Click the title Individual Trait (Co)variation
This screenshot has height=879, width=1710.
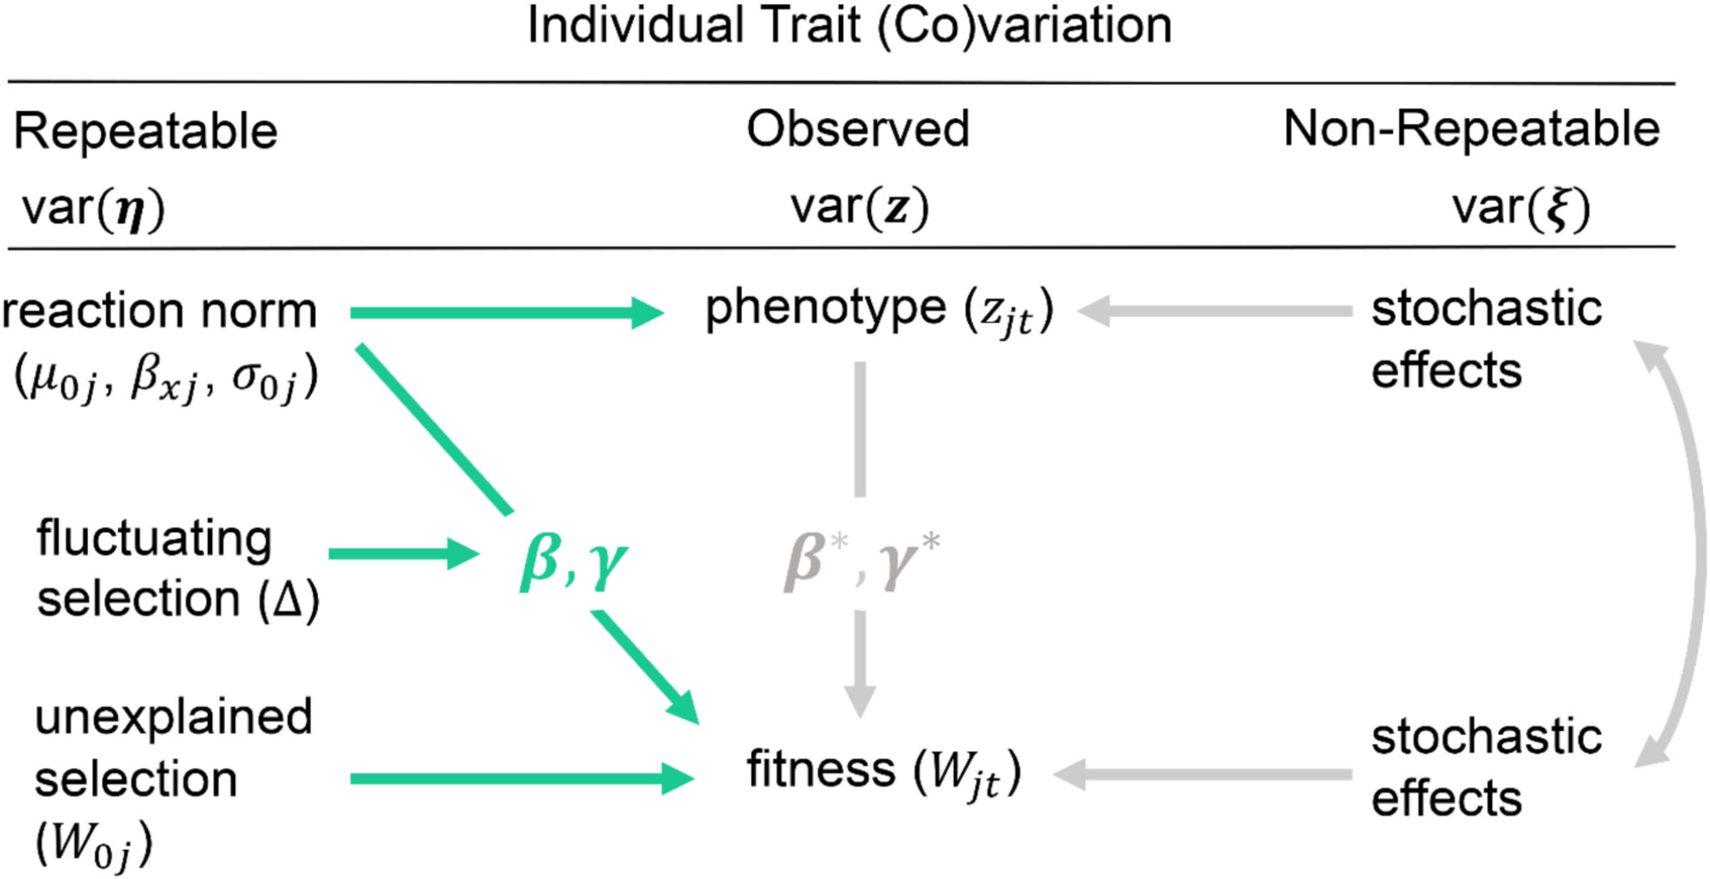point(849,26)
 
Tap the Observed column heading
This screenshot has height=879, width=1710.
point(858,130)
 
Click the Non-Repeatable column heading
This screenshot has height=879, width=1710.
point(1471,130)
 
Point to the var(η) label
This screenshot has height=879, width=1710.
point(92,209)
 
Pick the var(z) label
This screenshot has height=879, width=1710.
point(858,208)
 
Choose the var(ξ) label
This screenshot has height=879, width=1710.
point(1520,208)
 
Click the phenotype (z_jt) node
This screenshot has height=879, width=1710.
point(878,311)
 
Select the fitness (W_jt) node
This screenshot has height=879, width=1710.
point(883,771)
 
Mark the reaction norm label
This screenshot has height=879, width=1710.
point(159,310)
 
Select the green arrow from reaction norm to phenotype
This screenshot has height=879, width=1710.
point(504,313)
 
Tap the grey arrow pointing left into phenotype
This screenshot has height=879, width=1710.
point(1214,311)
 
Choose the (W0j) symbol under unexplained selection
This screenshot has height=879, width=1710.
point(93,845)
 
